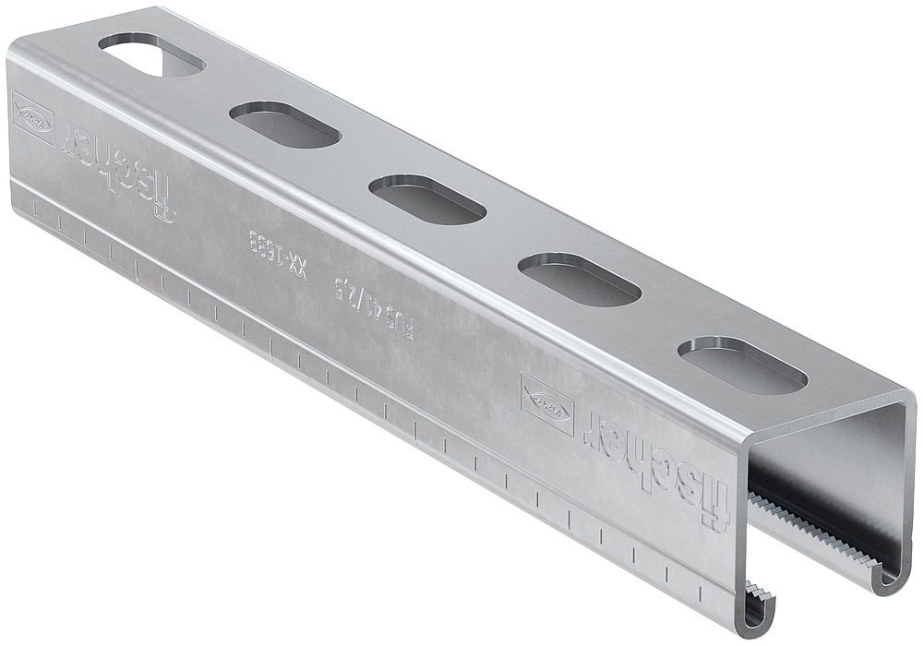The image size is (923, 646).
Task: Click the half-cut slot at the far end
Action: point(150,54)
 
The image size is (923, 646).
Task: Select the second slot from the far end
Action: point(284,125)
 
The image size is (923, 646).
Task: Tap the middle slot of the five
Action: point(426,199)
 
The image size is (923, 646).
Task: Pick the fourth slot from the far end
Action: point(579,280)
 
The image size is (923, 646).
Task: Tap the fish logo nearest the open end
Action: point(546,403)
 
